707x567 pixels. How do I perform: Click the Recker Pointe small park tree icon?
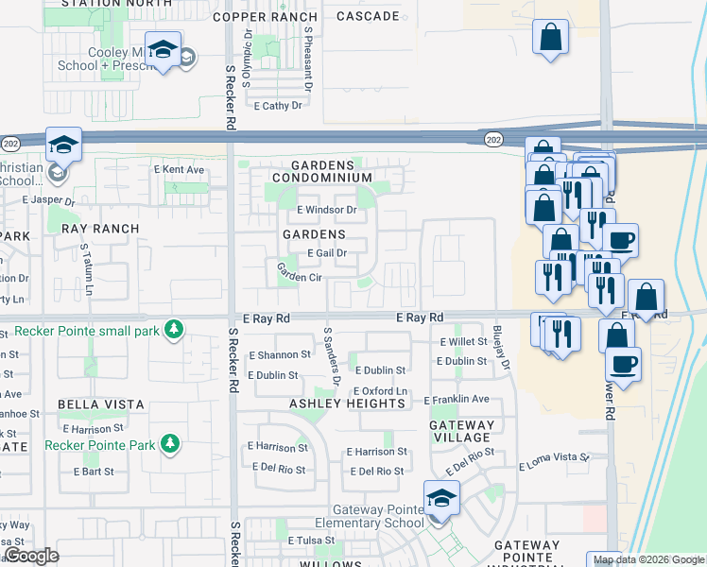coord(173,329)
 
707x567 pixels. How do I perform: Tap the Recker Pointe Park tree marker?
coord(170,443)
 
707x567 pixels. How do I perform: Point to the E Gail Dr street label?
coord(328,253)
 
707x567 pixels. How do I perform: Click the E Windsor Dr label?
coord(326,210)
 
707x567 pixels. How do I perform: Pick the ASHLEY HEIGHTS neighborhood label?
coord(347,404)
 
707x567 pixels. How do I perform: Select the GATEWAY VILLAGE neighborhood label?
coord(461,431)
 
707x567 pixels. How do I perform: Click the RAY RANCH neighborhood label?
coord(100,229)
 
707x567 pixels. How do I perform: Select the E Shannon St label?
coord(279,355)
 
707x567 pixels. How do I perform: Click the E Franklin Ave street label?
coord(457,400)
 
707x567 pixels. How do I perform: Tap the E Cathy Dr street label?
coord(278,106)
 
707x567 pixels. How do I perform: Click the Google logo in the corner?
coord(32,556)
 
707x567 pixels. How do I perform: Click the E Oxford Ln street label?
coord(380,392)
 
